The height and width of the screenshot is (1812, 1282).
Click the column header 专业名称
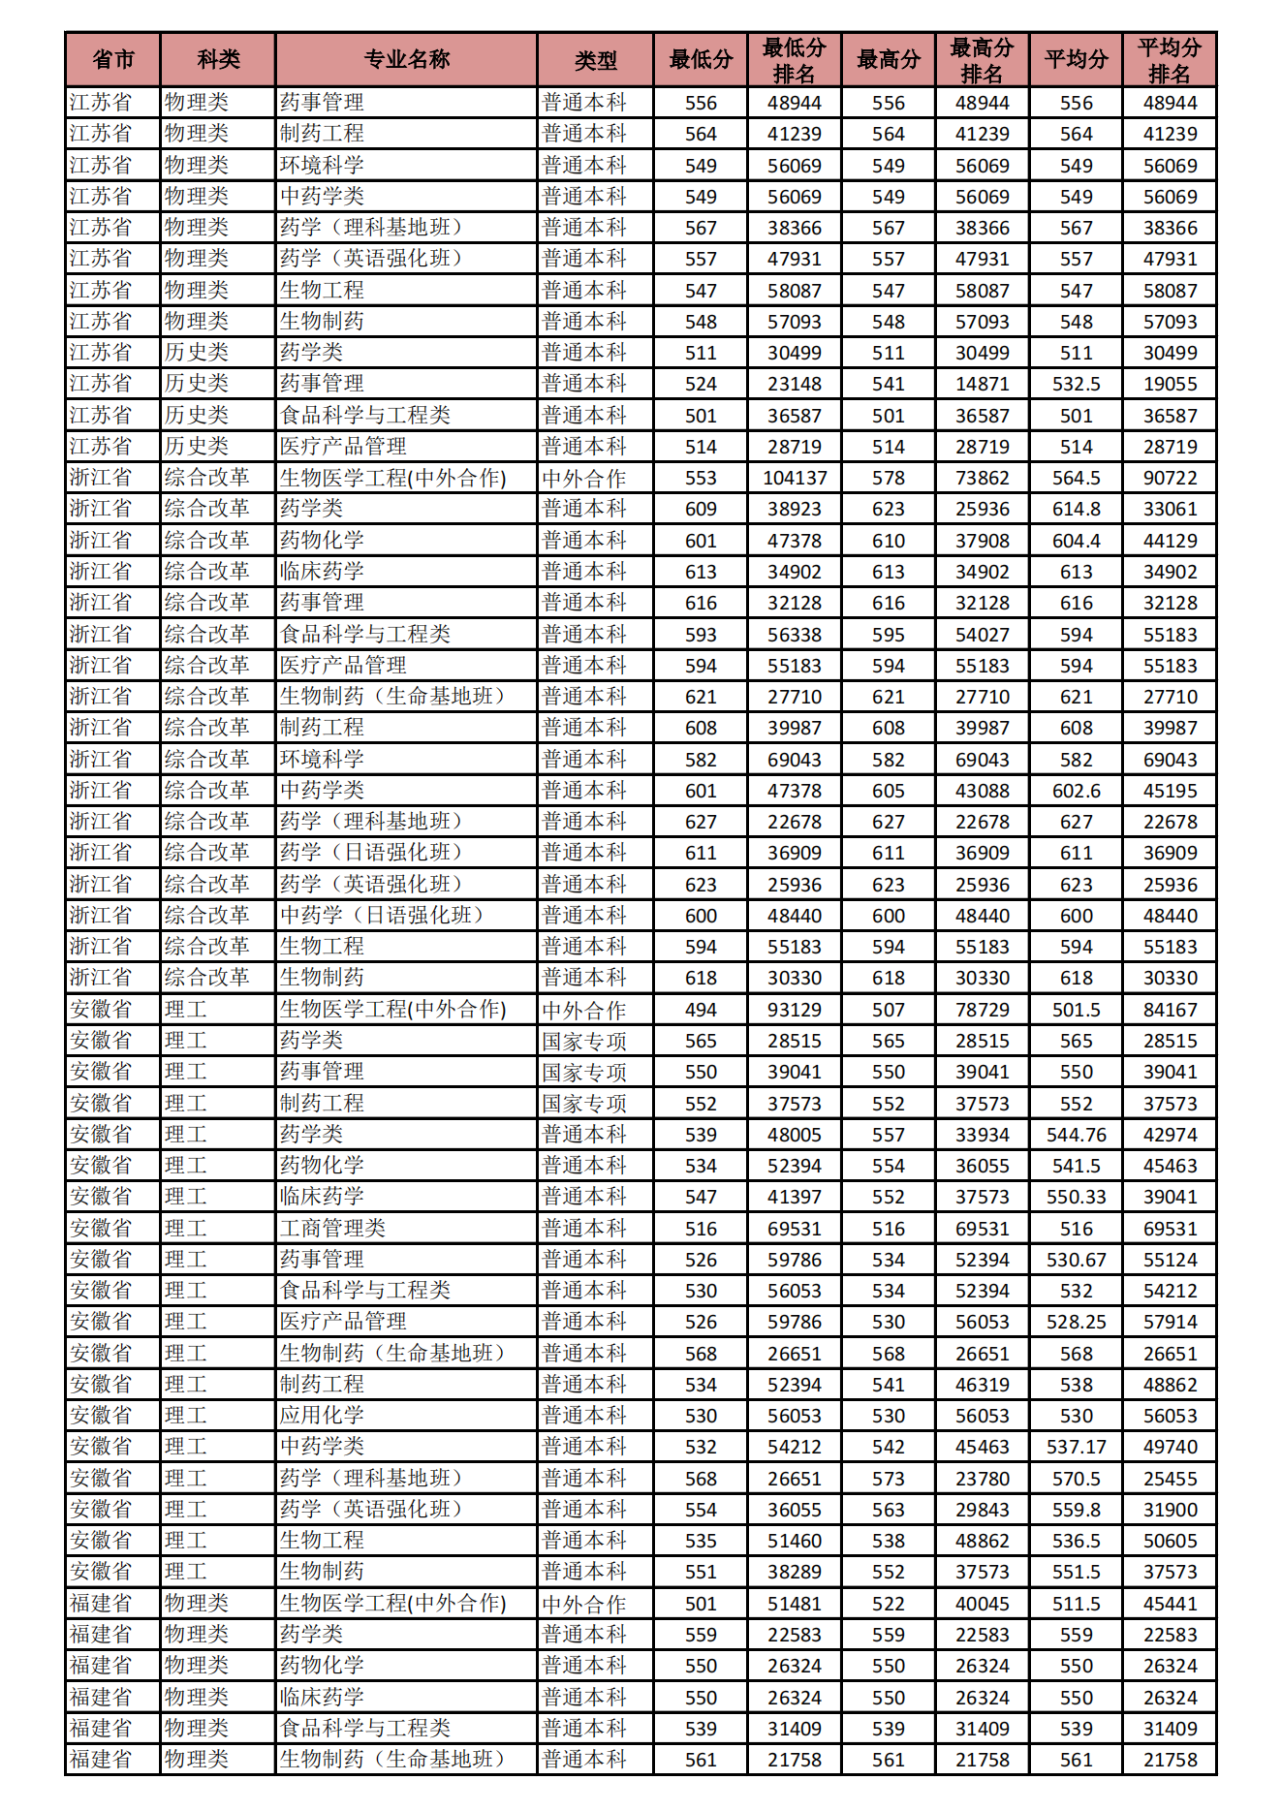click(406, 60)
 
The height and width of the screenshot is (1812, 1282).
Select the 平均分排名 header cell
click(1169, 60)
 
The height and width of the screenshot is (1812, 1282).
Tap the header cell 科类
click(218, 60)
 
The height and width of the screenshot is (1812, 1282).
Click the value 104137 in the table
click(795, 478)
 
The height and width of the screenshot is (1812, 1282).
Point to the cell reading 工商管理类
click(332, 1229)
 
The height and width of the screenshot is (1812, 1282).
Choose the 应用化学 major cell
click(322, 1416)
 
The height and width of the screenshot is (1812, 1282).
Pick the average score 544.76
click(1076, 1135)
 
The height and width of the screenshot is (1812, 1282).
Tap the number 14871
click(982, 384)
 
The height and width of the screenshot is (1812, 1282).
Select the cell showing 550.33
click(1076, 1197)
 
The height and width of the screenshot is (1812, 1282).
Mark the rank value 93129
click(795, 1010)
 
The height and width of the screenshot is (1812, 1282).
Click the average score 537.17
click(1076, 1447)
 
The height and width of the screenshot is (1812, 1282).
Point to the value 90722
click(1170, 478)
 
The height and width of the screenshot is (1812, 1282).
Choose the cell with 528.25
click(1076, 1322)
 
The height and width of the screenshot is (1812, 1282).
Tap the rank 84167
click(1170, 1010)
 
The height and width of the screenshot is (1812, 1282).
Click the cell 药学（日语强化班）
click(371, 853)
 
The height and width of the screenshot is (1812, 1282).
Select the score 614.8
click(1076, 509)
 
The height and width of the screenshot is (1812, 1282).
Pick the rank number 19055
click(1170, 384)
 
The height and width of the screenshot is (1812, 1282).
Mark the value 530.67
click(1076, 1260)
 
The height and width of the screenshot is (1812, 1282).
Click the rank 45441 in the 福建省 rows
click(1170, 1604)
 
